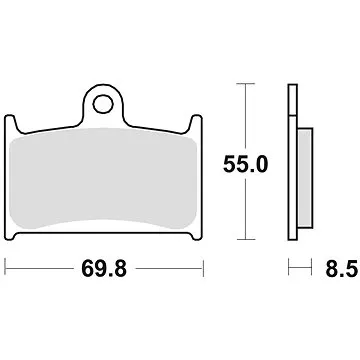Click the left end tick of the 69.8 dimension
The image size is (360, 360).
7,267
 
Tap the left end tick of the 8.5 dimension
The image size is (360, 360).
288,267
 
